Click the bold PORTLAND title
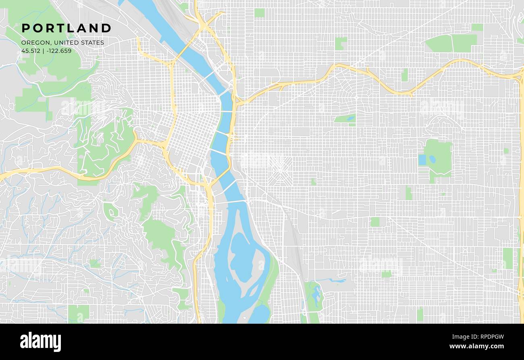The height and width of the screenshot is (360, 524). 67,28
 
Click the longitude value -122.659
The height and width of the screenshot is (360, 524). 59,51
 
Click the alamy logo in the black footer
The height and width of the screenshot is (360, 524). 40,342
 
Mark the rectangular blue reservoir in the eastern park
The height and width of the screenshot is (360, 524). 422,160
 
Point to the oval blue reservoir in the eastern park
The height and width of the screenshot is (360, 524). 432,159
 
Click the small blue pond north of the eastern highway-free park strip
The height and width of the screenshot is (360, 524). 350,119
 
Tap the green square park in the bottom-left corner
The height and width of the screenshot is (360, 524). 79,314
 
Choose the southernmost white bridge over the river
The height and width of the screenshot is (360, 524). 230,201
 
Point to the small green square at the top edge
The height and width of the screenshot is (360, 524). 259,13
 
